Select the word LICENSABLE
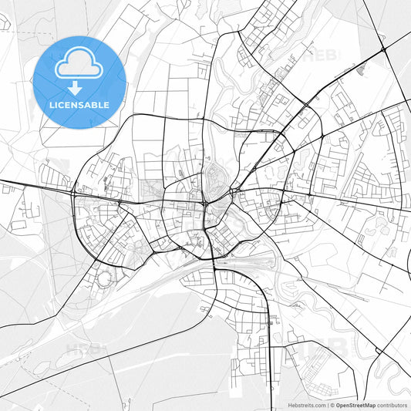79,105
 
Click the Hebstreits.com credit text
308,405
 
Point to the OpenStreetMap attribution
355,405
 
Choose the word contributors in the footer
392,405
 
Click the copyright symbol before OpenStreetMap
332,405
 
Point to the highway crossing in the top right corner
383,50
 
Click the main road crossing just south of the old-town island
206,204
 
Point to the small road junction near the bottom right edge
378,352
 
